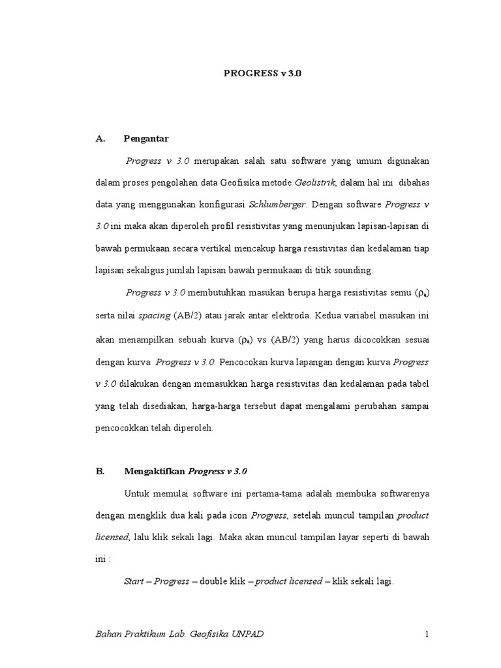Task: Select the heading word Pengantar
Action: point(147,139)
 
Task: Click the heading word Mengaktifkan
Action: point(154,470)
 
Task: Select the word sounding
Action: point(353,269)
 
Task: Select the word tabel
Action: point(419,384)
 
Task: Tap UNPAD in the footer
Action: point(248,635)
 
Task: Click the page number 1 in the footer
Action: point(426,635)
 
